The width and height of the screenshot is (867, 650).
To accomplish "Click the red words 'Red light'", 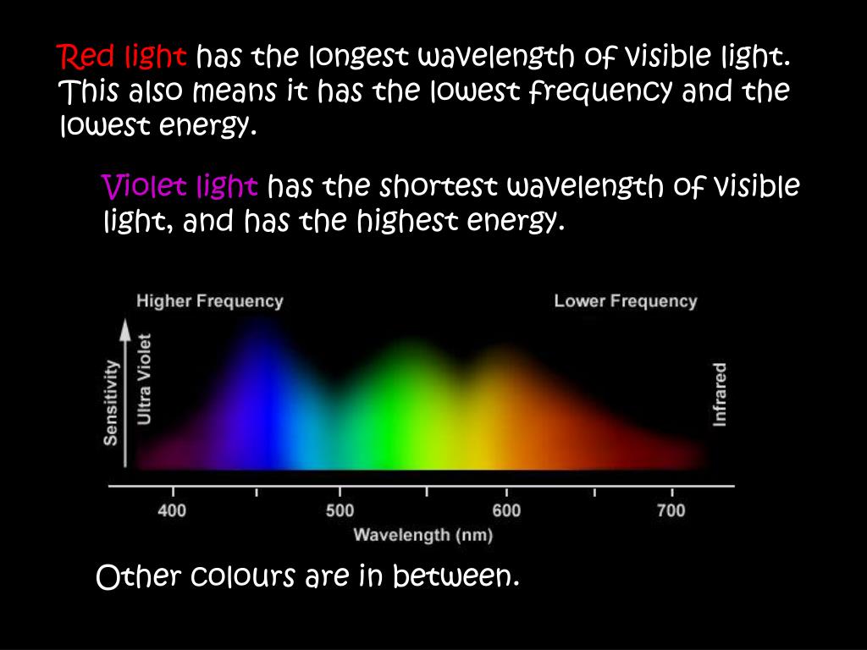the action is (122, 56).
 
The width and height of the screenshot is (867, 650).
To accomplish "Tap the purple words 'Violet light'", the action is (179, 186).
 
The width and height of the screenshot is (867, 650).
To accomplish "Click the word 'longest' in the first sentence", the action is (359, 57).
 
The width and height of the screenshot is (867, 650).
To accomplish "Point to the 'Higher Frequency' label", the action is (210, 301).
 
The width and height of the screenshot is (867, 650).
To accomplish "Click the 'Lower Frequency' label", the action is (626, 301).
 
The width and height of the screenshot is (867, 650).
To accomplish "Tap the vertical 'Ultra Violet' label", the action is (144, 379).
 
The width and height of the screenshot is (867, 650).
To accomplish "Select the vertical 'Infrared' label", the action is (719, 394).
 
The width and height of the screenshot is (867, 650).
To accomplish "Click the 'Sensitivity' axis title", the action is (111, 402).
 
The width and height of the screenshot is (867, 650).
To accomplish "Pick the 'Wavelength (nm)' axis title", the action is (423, 535).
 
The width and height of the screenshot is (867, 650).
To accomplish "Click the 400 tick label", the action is (172, 510).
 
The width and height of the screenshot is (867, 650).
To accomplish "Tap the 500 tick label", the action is (340, 510).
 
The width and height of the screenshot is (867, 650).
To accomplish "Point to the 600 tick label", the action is (506, 510).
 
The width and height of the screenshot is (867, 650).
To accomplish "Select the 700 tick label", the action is (671, 510).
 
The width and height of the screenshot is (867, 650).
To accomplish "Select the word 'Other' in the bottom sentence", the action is (139, 576).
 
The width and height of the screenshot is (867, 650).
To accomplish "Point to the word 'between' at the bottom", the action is (456, 576).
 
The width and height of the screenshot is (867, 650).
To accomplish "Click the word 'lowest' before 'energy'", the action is (105, 127).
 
